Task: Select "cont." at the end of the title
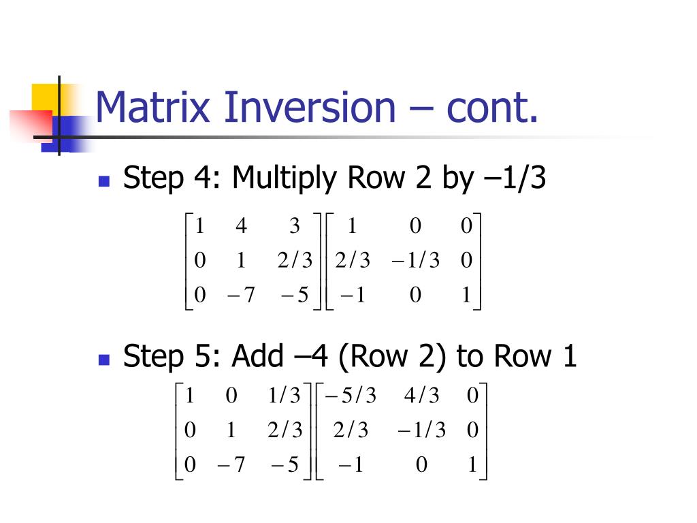coord(492,108)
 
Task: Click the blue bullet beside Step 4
coord(104,181)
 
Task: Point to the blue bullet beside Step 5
coord(104,358)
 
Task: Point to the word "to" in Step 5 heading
coord(470,356)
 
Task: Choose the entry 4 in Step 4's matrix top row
coord(241,226)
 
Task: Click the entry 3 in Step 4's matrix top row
coord(295,226)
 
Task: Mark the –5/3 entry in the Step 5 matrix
coord(351,396)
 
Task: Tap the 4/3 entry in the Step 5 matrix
coord(422,396)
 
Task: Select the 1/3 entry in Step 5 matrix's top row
coord(285,396)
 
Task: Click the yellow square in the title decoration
coord(44,97)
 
